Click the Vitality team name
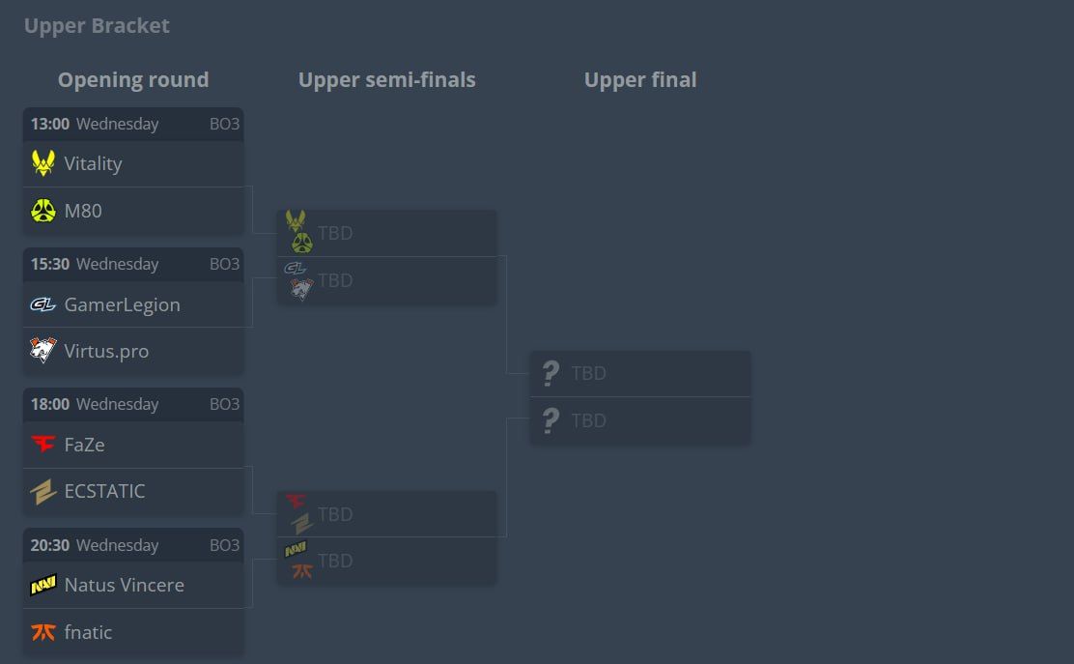(x=93, y=163)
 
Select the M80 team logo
(x=42, y=211)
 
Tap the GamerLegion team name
(x=122, y=304)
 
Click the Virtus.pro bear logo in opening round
(x=42, y=351)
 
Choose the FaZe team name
(x=84, y=445)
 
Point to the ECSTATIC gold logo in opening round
(x=42, y=492)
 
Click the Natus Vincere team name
(x=124, y=585)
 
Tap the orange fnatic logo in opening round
(x=42, y=632)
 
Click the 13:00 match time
(x=50, y=124)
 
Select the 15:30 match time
(x=50, y=264)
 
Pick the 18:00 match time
(x=50, y=404)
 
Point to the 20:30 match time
(x=50, y=545)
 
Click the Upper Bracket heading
(x=97, y=26)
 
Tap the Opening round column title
(x=133, y=80)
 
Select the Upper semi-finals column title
(x=386, y=80)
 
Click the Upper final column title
(x=640, y=80)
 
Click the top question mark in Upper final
(x=551, y=373)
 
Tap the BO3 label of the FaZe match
(x=224, y=404)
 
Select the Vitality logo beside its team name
(x=42, y=163)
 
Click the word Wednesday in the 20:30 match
(x=117, y=545)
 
